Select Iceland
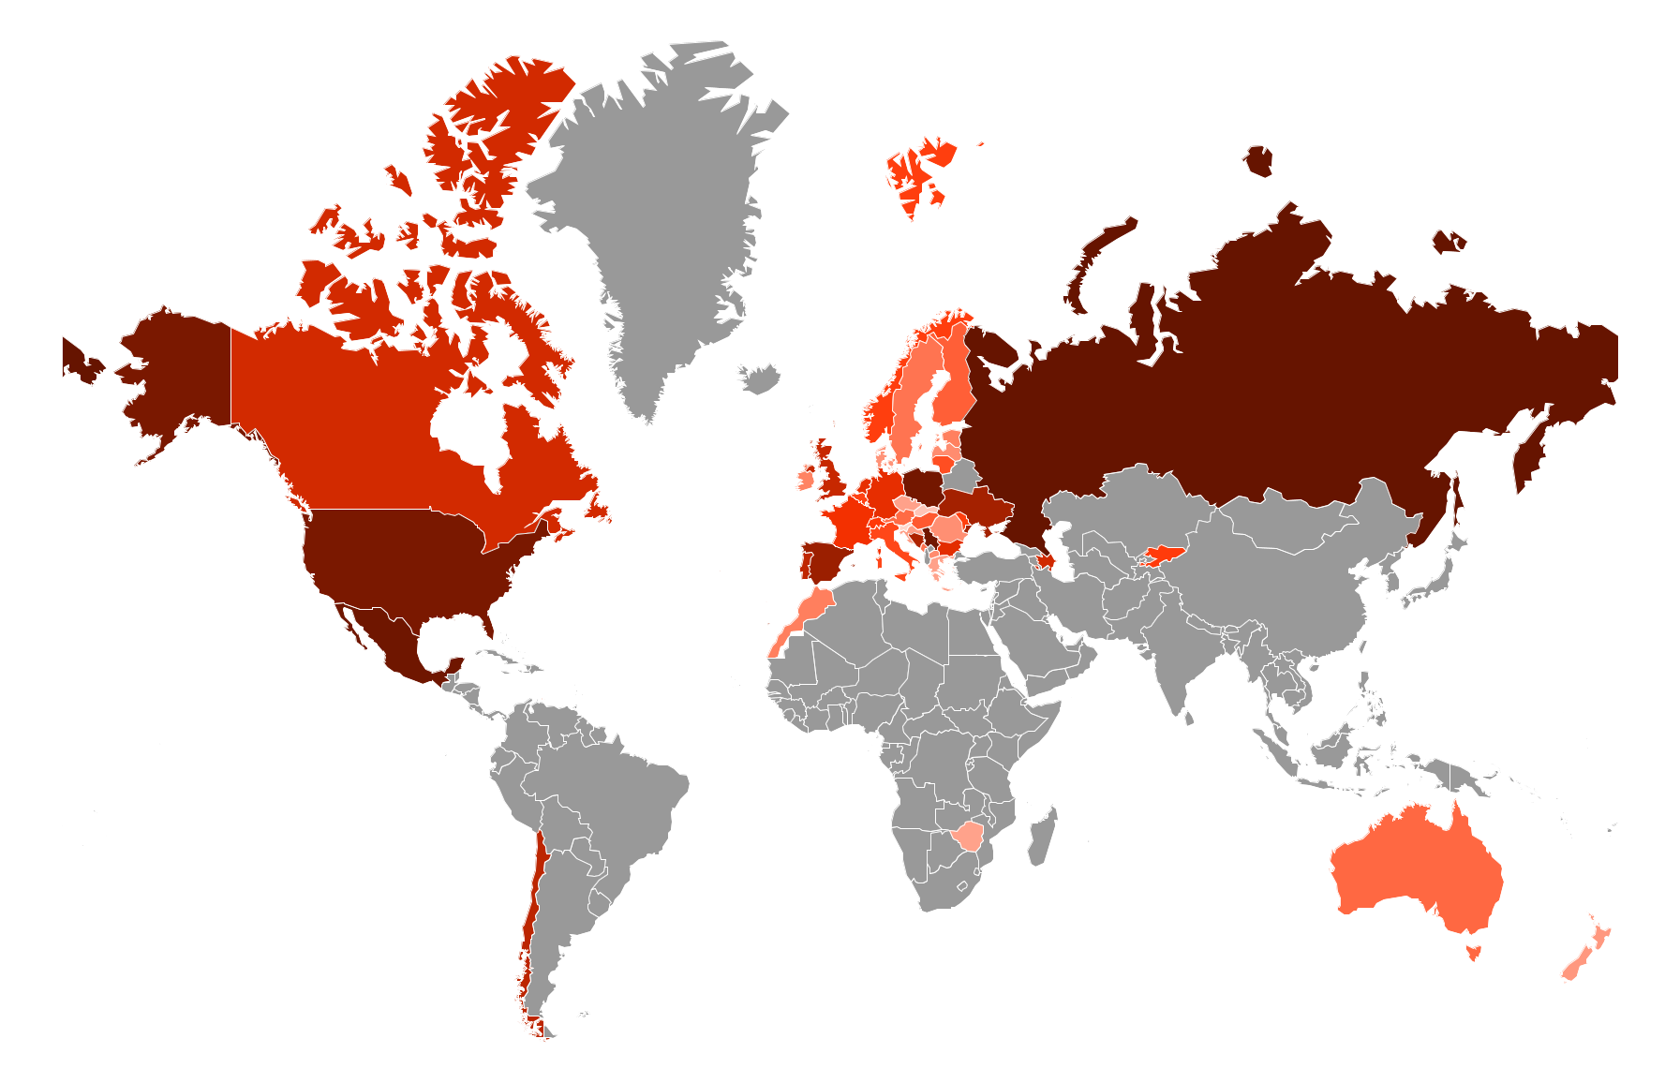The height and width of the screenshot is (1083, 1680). (760, 378)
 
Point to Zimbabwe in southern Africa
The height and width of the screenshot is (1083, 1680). (967, 834)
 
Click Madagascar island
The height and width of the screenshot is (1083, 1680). (1041, 837)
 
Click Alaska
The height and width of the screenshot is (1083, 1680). (178, 375)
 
